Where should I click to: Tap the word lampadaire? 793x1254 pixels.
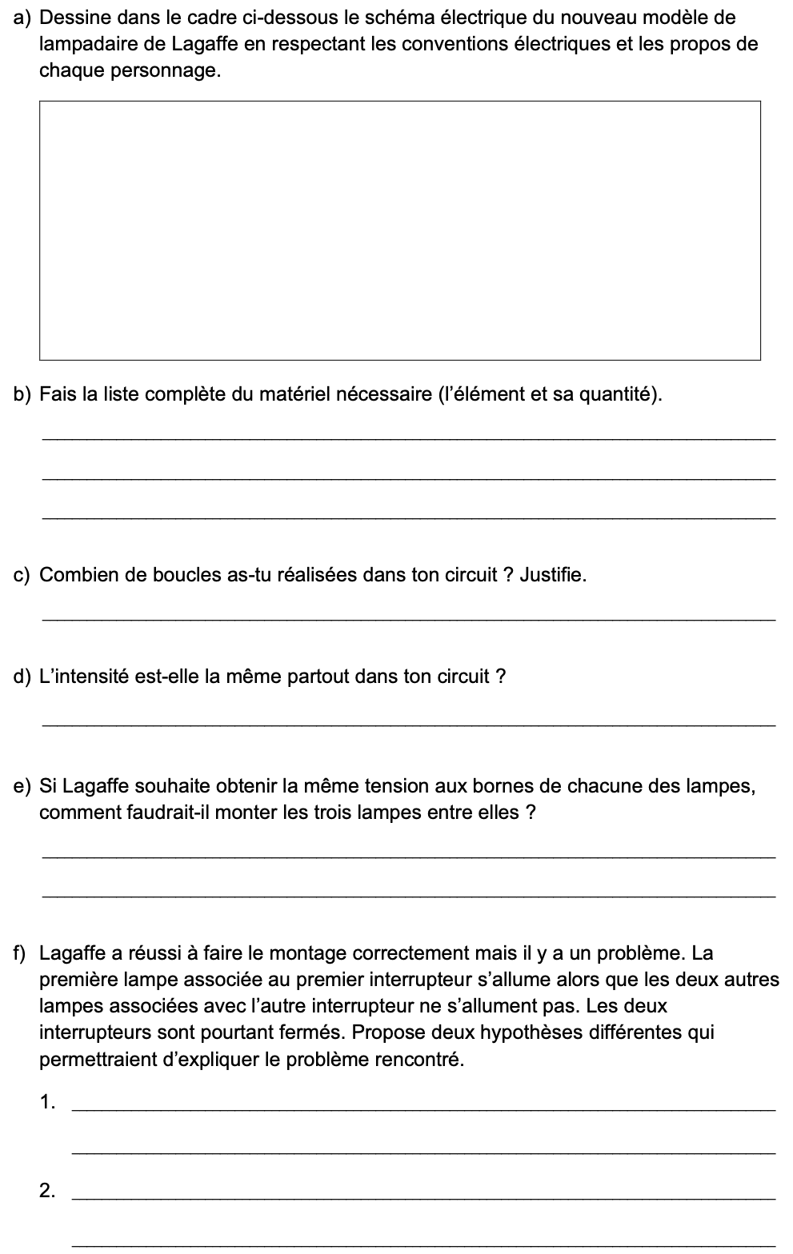(82, 43)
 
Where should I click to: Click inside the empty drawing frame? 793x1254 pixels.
(399, 230)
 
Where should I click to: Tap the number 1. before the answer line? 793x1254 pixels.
(47, 1102)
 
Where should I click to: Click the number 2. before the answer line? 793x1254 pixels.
(47, 1191)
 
